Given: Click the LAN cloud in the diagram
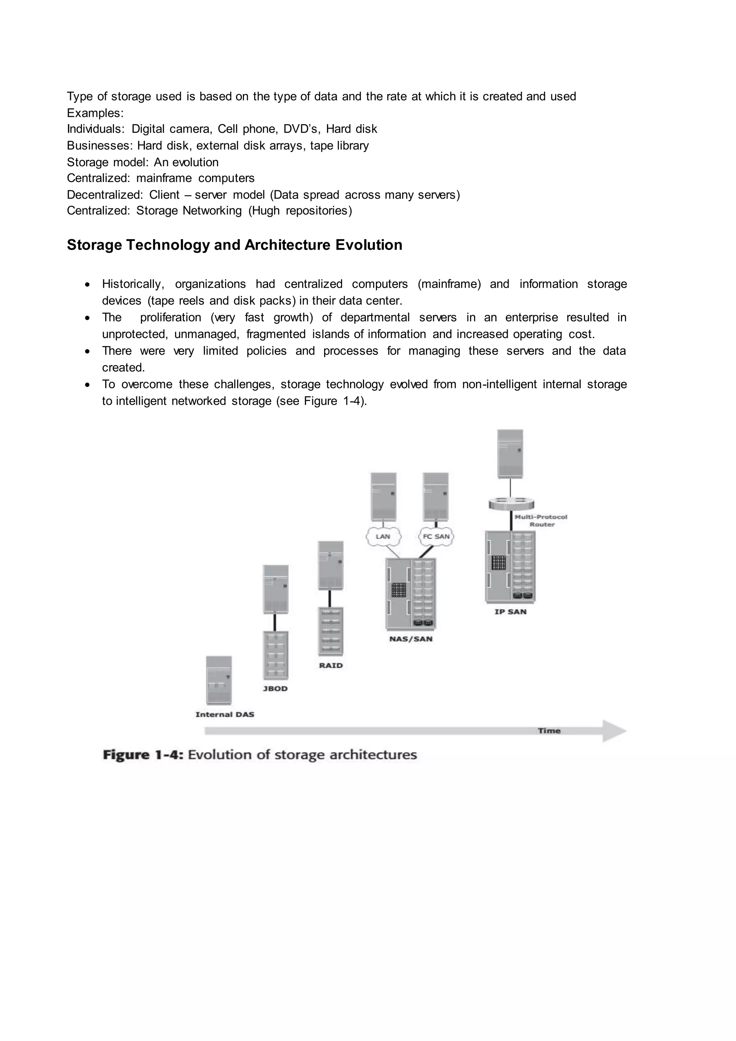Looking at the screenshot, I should click(x=383, y=537).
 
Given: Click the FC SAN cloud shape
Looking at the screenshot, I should click(x=436, y=537).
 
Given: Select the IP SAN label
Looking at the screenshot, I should click(x=510, y=612).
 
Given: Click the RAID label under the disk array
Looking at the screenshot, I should click(x=330, y=665).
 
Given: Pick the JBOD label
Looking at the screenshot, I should click(x=275, y=688).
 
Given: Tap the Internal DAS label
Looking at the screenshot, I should click(x=225, y=714).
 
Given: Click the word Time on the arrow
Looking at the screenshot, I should click(x=549, y=731).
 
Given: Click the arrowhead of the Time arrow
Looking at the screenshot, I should click(x=614, y=731).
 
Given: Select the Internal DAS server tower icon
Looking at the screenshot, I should click(x=219, y=680).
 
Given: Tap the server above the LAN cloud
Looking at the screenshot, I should click(x=383, y=497).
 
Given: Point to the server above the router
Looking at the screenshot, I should click(x=510, y=454).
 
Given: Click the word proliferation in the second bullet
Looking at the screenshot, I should click(x=170, y=318).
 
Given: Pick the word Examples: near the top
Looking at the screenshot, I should click(x=95, y=113).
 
